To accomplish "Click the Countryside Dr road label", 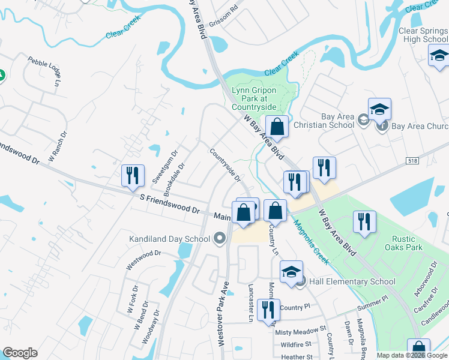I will (225, 166).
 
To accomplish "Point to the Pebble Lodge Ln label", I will (45, 71).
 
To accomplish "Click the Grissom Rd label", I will (226, 10).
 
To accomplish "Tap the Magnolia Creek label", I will (312, 241).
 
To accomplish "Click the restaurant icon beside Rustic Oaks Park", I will (364, 221).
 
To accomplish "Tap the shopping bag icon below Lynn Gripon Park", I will (277, 127).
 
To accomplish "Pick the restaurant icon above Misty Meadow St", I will (268, 310).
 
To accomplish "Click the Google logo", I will (20, 353).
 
